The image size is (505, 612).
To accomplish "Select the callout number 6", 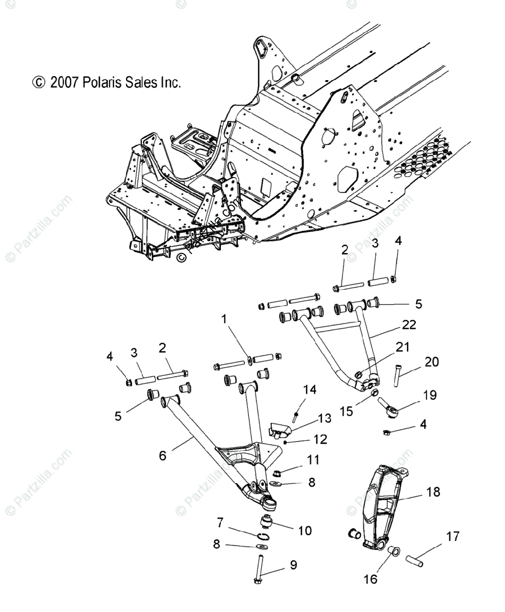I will click(163, 456).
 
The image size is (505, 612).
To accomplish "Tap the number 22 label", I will click(409, 324).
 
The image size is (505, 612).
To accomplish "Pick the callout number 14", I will click(310, 391).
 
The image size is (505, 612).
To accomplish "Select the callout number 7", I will click(220, 522).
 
